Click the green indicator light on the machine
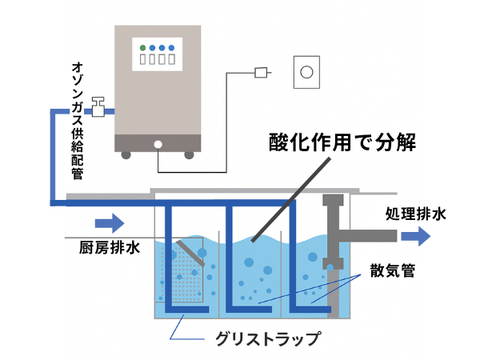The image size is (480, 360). (142, 46)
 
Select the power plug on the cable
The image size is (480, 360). (260, 74)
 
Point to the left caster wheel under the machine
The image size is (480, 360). (126, 154)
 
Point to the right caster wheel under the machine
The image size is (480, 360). (188, 154)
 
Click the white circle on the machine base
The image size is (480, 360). (158, 145)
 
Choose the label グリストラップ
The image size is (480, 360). (268, 338)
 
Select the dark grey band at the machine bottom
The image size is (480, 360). (157, 143)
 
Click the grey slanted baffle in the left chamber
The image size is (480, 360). (191, 254)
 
